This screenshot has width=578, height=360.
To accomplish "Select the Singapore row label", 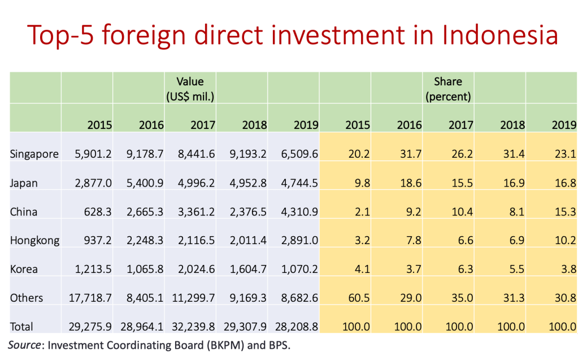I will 34,154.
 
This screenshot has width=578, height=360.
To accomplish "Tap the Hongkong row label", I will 34,240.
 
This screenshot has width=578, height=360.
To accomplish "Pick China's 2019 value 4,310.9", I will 299,212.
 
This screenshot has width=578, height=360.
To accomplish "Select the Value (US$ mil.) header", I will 190,89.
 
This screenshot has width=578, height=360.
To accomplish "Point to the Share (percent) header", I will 448,89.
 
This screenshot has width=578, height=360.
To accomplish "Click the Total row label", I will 21,327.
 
